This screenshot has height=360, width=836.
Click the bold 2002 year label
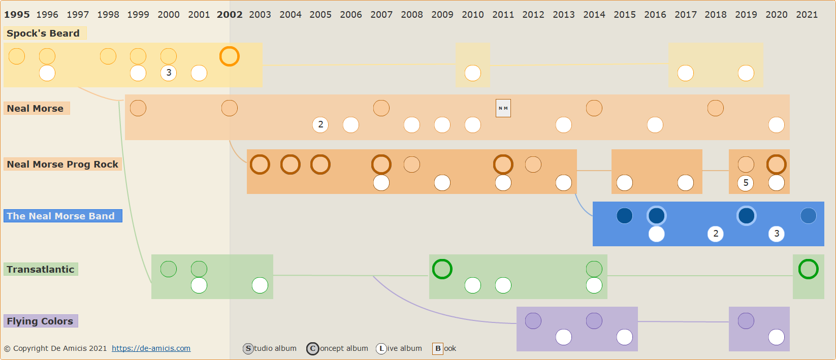coord(230,15)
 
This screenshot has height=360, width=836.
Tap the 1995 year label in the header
coord(17,15)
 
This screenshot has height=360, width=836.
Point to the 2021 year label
coord(807,15)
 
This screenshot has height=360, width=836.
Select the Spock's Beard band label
coord(43,34)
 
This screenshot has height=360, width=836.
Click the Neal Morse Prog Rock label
coord(62,165)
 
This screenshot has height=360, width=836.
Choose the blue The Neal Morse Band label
coord(61,216)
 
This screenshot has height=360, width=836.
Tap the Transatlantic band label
coord(41,270)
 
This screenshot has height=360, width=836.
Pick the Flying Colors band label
coord(40,321)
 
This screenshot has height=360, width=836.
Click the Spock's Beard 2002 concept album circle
coord(229,56)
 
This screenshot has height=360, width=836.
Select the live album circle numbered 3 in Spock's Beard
coord(169,73)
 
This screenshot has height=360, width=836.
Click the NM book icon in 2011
coord(503,108)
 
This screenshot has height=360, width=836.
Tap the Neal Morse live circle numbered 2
coord(320,124)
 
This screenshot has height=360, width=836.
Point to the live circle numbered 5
coord(746,183)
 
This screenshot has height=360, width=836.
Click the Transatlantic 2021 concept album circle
coord(808,269)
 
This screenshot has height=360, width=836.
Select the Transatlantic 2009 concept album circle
coord(442,269)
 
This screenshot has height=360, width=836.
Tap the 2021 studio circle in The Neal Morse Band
coord(808,216)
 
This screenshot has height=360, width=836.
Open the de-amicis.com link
coord(151,348)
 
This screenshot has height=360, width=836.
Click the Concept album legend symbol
coord(313,349)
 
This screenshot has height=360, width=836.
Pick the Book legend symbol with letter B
coord(438,349)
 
